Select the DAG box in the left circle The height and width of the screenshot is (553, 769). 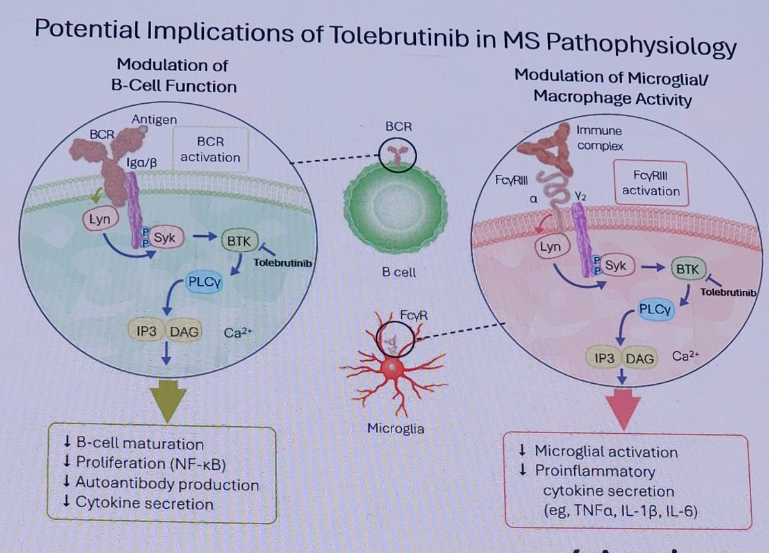point(185,331)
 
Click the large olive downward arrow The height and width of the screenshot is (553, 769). point(167,400)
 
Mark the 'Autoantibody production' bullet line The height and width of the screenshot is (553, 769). point(167,484)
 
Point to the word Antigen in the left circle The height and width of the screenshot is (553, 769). point(154,119)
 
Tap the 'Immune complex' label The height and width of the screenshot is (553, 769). point(599,138)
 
